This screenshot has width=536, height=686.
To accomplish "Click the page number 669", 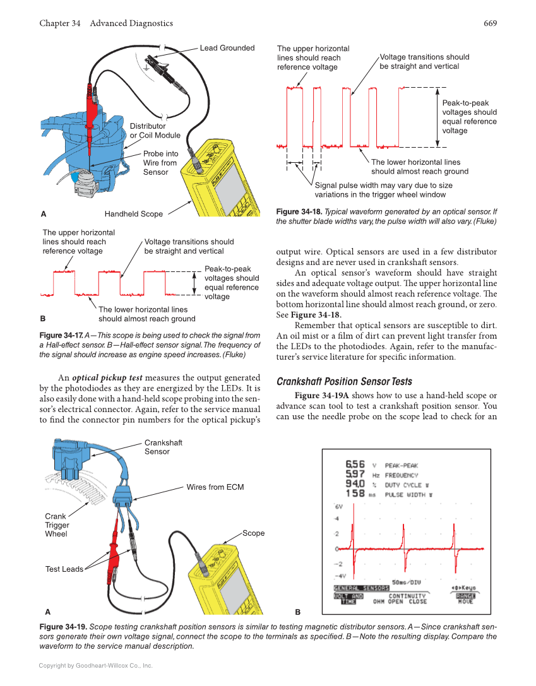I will (x=491, y=23).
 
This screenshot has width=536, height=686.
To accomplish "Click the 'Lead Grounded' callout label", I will (x=227, y=48).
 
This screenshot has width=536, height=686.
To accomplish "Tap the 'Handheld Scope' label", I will (x=133, y=214).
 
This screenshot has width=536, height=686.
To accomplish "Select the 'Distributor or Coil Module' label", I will (x=155, y=131).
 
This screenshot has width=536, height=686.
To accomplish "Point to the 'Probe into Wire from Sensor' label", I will (x=160, y=163).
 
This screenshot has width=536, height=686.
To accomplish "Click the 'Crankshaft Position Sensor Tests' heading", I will (x=344, y=381).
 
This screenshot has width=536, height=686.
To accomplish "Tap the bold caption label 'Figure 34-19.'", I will (x=63, y=627).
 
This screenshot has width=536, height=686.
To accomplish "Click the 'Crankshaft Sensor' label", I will (x=157, y=447).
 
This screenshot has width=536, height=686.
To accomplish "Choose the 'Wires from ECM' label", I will (x=215, y=487).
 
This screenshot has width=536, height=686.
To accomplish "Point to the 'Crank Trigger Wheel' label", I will (x=57, y=525).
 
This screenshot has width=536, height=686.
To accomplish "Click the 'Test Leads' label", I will (x=64, y=569).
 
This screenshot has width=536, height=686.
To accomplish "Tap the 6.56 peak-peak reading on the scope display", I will (x=355, y=464).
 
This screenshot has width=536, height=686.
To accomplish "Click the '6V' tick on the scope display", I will (x=338, y=507).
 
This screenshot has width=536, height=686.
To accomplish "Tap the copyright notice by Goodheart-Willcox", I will (x=96, y=665).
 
